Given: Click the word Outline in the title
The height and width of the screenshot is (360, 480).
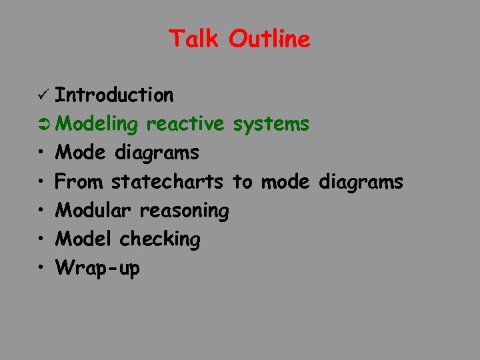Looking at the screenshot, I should coord(269,39).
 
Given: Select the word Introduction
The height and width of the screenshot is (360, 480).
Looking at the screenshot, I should coord(114,95).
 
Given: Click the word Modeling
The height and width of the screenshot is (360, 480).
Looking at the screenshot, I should coord(97,125).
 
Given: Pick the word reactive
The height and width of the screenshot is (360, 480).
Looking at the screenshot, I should coord(185,124).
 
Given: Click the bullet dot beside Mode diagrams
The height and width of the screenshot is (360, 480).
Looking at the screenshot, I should coord(41,153).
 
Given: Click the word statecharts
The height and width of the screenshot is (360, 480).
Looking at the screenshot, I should coord(167,181).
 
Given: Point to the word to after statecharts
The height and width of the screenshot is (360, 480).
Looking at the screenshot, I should coord(242,182).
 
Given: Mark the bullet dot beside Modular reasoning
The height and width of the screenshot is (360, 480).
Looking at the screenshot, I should coord(41,211).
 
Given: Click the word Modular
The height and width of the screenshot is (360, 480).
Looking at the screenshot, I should coord(94,210).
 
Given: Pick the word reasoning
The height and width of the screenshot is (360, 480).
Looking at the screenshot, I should coord(184,211).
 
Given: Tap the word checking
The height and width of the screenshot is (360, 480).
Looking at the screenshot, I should coord(159,239).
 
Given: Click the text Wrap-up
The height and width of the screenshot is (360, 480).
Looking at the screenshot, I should coord(97,268).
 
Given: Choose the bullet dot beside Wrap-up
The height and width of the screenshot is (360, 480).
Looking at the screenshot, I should coord(41,268).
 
